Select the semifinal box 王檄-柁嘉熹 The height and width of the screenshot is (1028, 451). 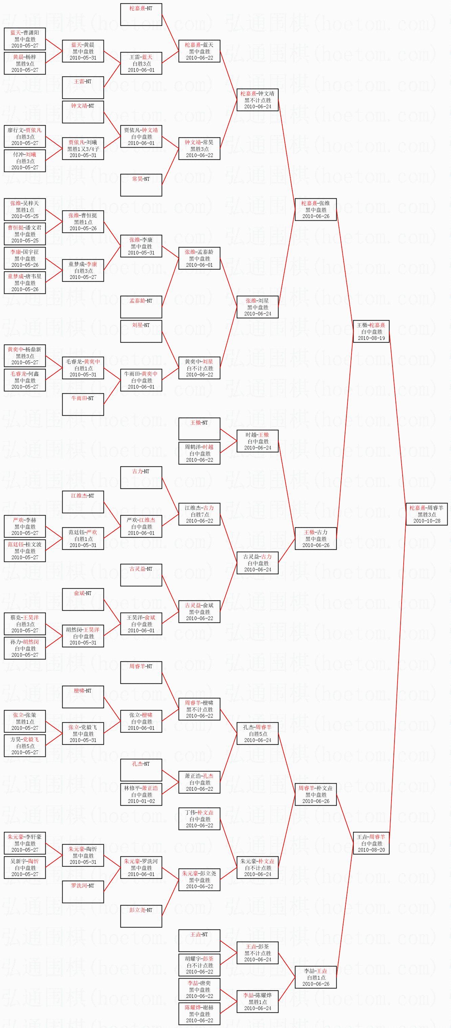pos(371,332)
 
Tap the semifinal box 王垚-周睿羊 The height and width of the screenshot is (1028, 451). pos(371,843)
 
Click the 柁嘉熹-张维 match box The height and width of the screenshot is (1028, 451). pos(315,210)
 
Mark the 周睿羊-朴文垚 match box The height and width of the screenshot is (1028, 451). pos(315,794)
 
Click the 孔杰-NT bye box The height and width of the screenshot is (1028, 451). pos(141,770)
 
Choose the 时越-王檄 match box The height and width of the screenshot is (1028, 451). pos(257,441)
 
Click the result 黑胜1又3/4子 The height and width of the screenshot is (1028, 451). pos(83,149)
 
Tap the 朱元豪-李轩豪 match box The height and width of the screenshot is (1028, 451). pos(25,843)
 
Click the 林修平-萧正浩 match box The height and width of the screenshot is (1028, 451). pos(141,794)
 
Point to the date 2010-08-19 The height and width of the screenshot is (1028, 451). pos(371,338)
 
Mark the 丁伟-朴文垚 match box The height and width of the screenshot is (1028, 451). pos(199,819)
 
